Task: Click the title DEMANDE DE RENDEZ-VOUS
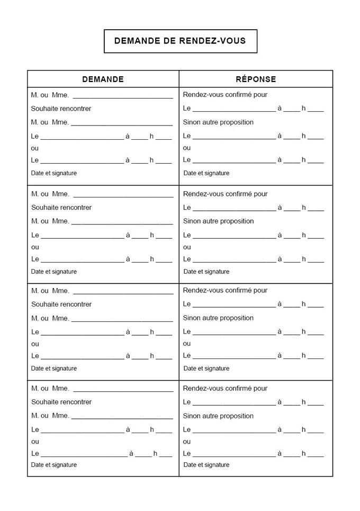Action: (x=180, y=41)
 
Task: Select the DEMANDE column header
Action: (x=103, y=79)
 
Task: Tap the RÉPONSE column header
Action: (x=256, y=79)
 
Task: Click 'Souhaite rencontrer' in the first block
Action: (x=61, y=109)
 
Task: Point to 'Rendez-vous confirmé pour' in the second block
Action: (x=225, y=194)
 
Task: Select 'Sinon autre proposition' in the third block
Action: (x=218, y=318)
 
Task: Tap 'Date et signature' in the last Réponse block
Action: (x=206, y=465)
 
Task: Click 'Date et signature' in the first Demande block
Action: (x=53, y=173)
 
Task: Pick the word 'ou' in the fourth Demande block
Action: (x=35, y=442)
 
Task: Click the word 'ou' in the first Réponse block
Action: (x=187, y=148)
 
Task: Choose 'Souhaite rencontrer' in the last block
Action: (x=61, y=402)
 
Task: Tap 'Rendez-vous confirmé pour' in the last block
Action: (x=225, y=388)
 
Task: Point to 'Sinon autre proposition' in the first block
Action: (x=218, y=122)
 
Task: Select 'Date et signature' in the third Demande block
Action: (x=53, y=369)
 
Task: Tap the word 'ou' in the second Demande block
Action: (x=35, y=247)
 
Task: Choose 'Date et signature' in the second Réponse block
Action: (x=206, y=272)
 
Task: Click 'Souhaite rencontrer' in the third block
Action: (x=61, y=304)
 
